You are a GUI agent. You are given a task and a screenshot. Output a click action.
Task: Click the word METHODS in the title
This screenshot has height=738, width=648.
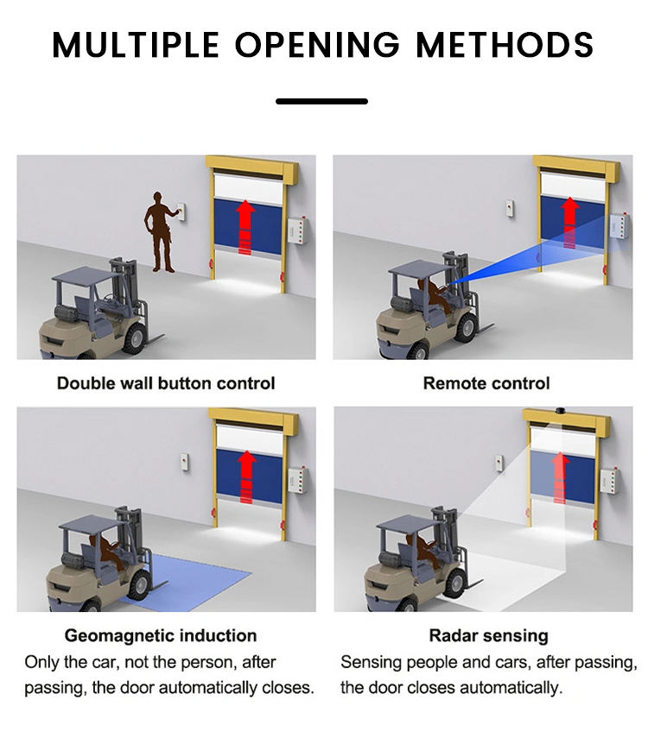[x=505, y=45]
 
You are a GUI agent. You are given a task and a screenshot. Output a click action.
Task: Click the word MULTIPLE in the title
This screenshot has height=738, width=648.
[x=136, y=45]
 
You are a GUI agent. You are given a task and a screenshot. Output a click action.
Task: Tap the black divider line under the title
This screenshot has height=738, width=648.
[x=322, y=101]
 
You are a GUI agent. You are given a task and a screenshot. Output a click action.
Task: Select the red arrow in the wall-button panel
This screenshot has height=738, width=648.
[x=245, y=227]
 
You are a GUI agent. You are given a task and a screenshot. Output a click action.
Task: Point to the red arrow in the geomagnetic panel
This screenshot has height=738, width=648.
[x=246, y=476]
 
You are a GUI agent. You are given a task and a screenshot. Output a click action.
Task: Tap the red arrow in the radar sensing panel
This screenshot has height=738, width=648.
[x=559, y=477]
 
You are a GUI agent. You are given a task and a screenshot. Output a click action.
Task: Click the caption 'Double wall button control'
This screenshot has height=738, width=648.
[x=166, y=383]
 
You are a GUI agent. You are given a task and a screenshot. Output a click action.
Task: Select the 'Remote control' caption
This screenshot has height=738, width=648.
[x=486, y=383]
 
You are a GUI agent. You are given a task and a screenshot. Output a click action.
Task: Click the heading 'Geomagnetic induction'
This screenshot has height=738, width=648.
[x=161, y=635]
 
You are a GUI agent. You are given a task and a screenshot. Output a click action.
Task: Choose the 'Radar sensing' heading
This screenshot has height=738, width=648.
[x=489, y=635]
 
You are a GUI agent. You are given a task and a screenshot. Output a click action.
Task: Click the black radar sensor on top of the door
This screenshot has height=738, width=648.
[x=560, y=410]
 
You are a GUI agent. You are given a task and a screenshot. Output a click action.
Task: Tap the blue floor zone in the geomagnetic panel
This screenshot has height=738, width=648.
[x=198, y=581]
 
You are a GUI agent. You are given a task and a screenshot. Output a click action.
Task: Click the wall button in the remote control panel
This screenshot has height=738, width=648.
[x=510, y=209]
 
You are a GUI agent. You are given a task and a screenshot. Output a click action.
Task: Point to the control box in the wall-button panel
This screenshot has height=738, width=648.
[x=297, y=230]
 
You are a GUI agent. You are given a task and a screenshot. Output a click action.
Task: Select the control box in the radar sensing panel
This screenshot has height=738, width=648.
[x=609, y=480]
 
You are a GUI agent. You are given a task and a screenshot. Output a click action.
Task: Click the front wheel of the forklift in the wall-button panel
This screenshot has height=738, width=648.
[x=135, y=337]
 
